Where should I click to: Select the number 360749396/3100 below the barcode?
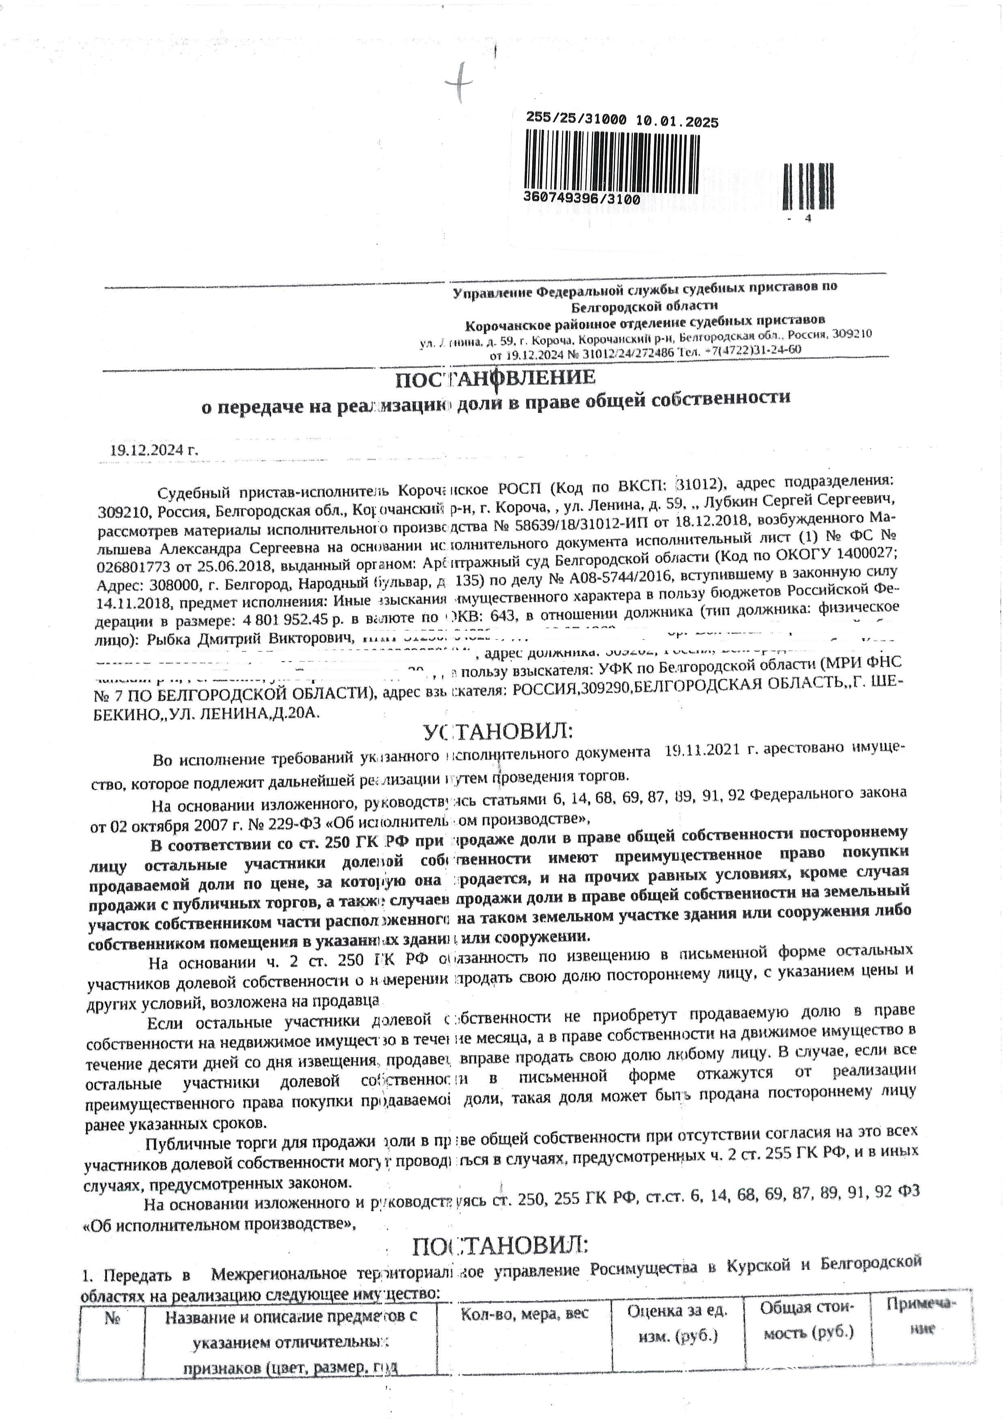pos(581,199)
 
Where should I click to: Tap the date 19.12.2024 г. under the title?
pos(154,449)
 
